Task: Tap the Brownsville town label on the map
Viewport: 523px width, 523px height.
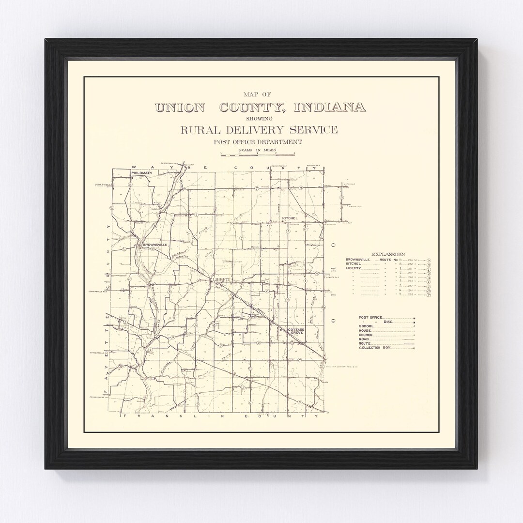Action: (155, 245)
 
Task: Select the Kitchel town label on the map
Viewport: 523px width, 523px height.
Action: (290, 219)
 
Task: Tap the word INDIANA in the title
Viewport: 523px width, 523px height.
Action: (332, 108)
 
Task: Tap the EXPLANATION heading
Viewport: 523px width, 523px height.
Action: (388, 254)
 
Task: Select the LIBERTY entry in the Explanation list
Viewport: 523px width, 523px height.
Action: (354, 268)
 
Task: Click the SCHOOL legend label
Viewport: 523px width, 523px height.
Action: (367, 326)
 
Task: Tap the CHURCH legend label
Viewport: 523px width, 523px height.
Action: (367, 335)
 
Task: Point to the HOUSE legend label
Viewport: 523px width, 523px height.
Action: (366, 330)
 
